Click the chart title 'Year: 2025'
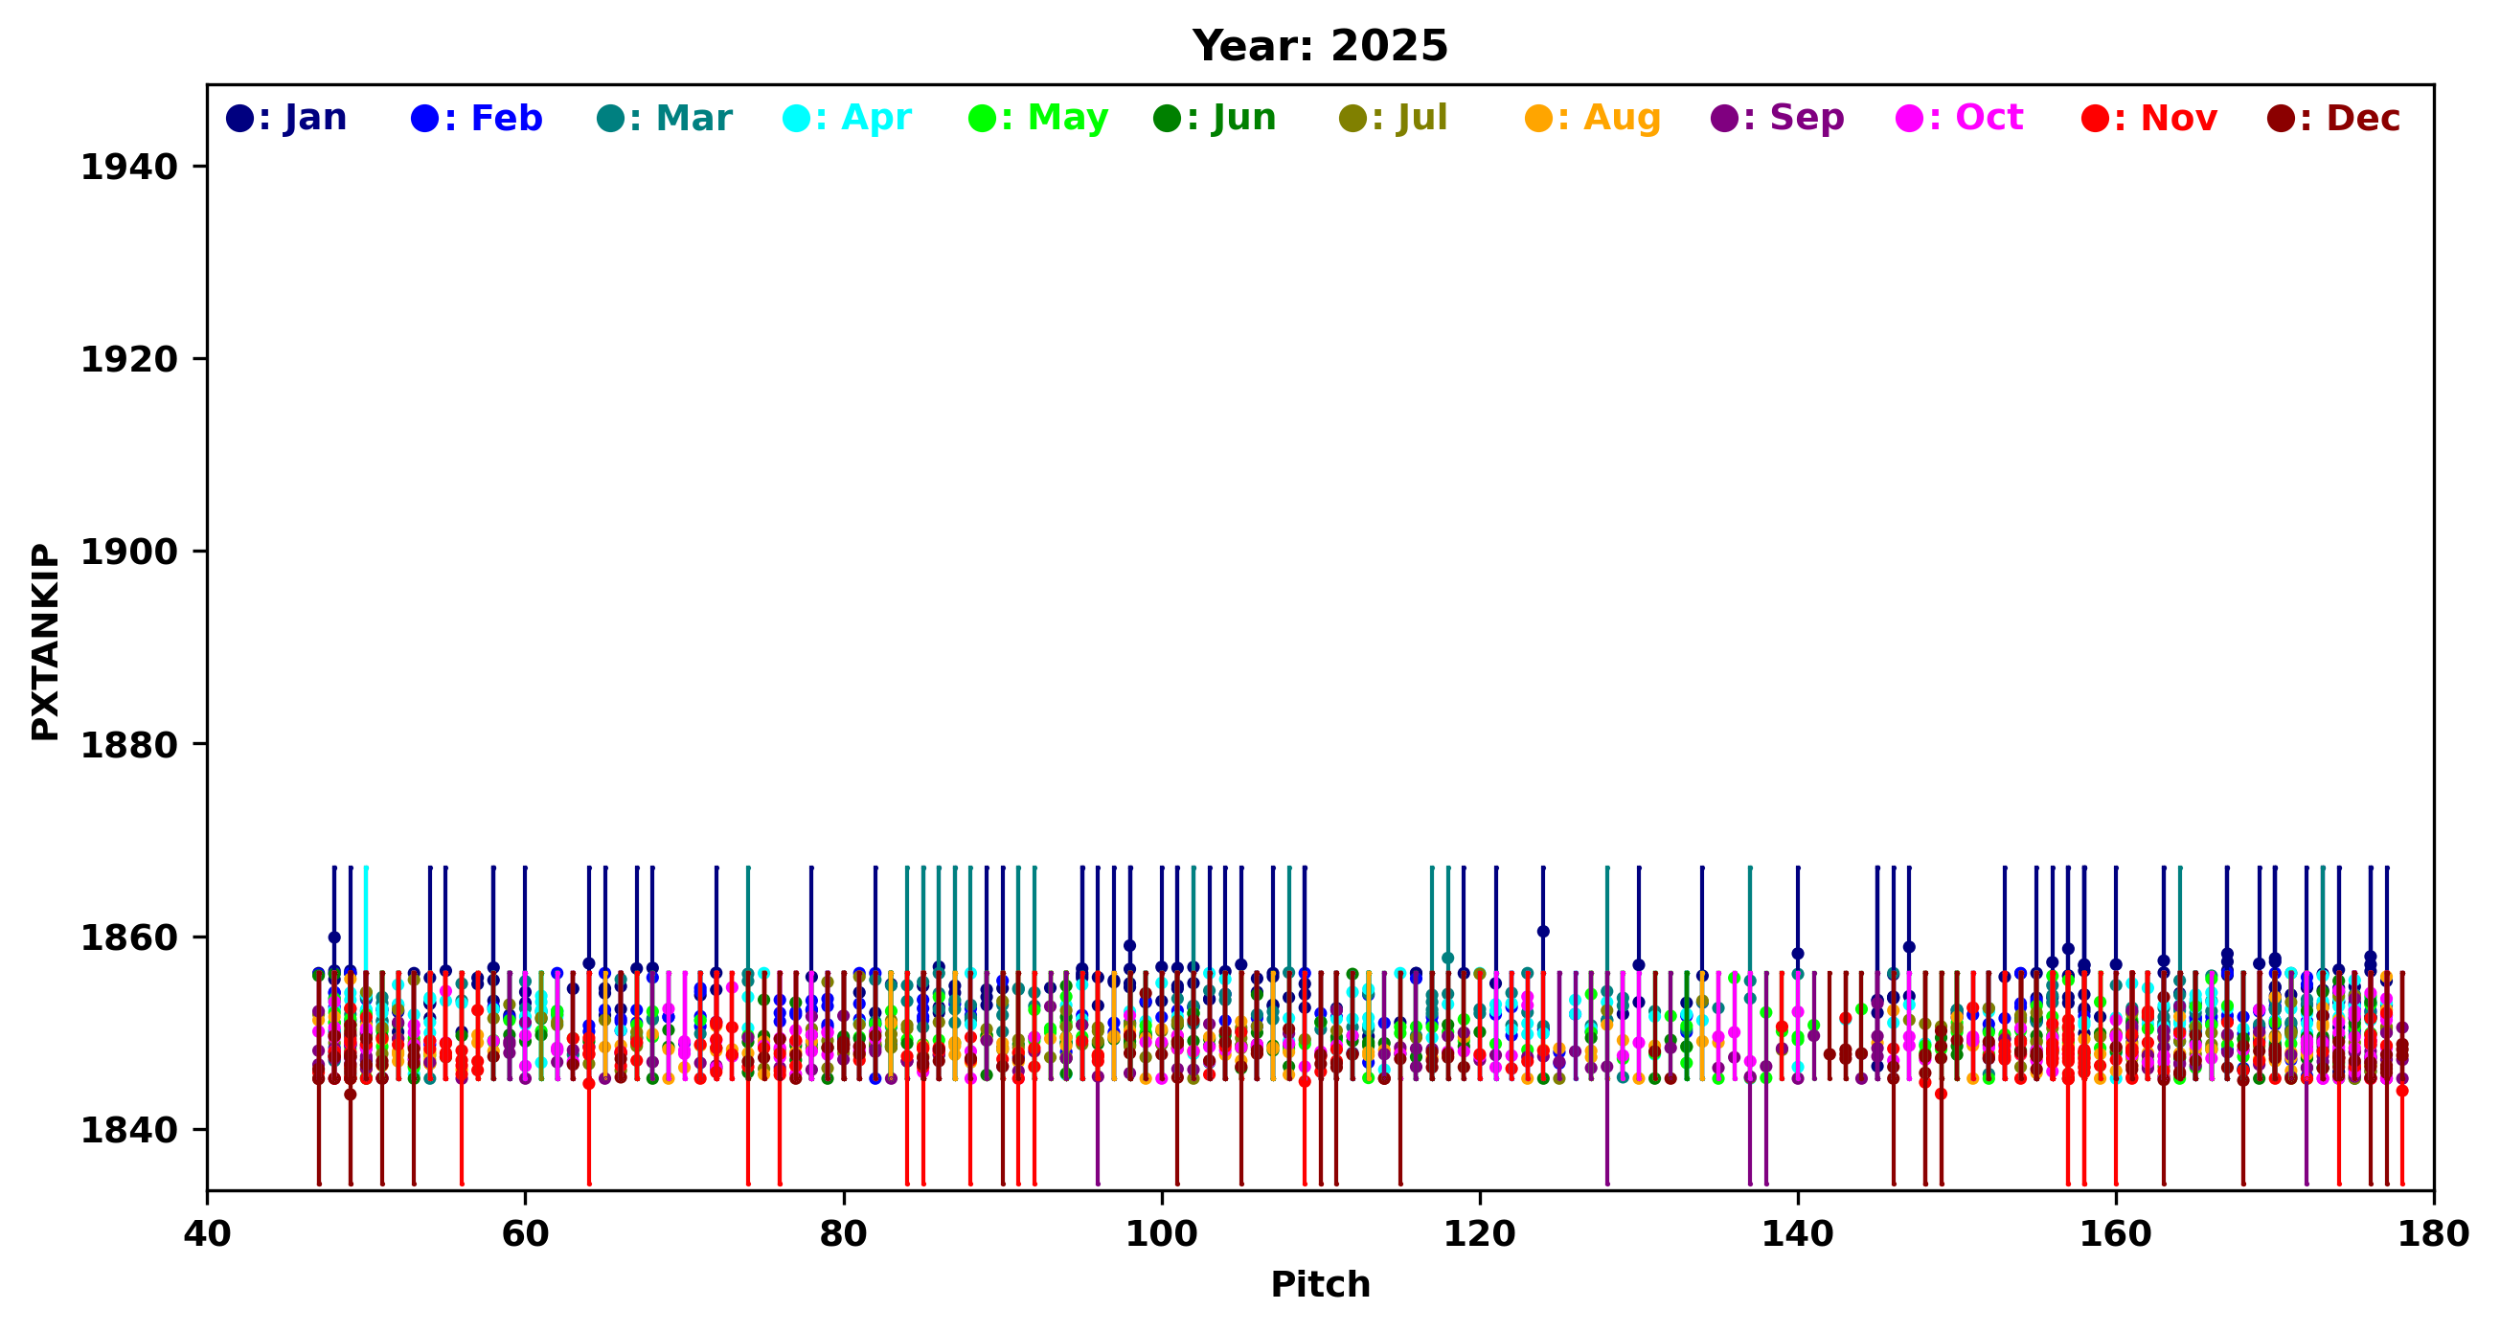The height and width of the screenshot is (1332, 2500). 1320,47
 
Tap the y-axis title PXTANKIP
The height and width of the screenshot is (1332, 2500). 45,643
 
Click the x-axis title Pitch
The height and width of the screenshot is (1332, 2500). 1320,1284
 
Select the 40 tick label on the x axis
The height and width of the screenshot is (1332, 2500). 207,1234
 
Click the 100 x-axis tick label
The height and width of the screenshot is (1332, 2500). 1161,1234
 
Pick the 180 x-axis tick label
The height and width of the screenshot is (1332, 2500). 2433,1234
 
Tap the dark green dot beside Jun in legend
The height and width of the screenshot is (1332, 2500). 1168,120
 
